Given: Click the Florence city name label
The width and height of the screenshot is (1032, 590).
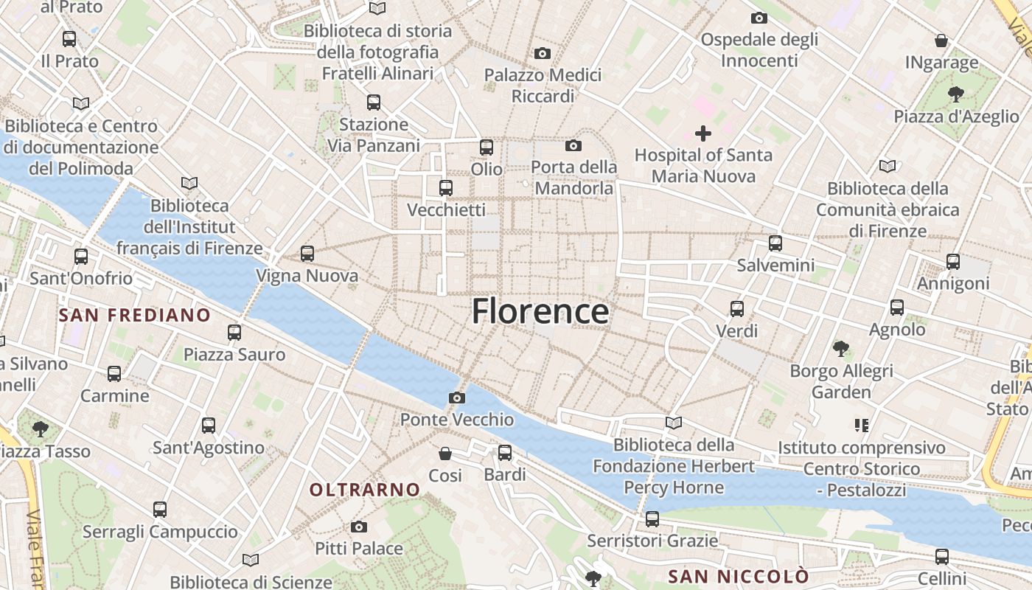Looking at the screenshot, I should click(x=540, y=311).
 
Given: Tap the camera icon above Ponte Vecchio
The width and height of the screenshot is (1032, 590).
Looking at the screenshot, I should click(x=456, y=398).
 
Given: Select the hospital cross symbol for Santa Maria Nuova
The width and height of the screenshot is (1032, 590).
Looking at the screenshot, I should click(x=703, y=133).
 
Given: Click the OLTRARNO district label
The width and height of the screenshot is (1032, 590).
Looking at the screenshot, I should click(x=364, y=490).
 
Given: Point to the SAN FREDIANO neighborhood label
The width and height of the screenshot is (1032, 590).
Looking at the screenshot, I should click(x=135, y=316).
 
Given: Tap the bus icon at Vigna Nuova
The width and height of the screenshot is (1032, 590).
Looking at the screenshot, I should click(x=307, y=254).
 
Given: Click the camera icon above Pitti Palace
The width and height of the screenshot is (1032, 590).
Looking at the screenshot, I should click(x=359, y=527).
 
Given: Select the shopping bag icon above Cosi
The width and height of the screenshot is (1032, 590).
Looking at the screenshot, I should click(x=445, y=454).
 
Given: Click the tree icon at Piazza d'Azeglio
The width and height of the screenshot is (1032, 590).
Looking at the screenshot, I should click(x=956, y=94).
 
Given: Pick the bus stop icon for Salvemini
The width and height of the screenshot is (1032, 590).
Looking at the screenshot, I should click(x=775, y=243).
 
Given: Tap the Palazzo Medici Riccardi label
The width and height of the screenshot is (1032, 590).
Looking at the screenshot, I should click(x=543, y=86).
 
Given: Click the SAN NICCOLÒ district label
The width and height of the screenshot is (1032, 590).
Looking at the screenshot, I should click(x=739, y=576).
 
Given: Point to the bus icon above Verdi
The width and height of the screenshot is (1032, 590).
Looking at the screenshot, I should click(x=737, y=309).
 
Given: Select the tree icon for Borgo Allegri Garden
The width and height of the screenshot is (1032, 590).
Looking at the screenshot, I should click(x=841, y=348).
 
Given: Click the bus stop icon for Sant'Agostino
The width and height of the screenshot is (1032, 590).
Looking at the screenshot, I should click(x=209, y=426).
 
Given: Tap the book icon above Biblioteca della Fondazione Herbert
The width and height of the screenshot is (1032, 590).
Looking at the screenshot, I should click(x=673, y=423).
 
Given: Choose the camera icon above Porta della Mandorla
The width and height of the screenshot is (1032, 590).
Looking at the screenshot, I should click(x=573, y=146).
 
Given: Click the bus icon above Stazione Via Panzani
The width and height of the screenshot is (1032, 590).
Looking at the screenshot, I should click(x=374, y=103).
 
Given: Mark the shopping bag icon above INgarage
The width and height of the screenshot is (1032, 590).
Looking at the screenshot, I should click(x=941, y=41).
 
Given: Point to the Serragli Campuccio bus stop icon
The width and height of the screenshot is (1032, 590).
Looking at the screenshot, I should click(x=160, y=510).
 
